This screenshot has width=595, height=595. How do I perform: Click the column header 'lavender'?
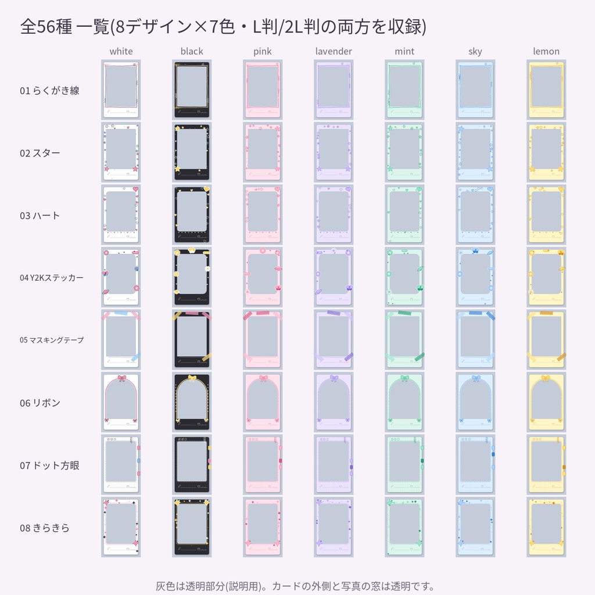(x=334, y=51)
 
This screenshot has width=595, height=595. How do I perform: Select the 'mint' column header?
(x=404, y=51)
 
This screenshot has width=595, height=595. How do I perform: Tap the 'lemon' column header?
(x=546, y=51)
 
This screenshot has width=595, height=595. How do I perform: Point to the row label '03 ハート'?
(x=40, y=216)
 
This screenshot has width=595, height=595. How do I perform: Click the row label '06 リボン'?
(x=40, y=403)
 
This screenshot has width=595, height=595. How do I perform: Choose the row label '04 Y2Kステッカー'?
(x=52, y=278)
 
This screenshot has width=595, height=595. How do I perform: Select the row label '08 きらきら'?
(x=45, y=528)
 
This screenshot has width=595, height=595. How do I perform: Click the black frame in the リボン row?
(x=192, y=402)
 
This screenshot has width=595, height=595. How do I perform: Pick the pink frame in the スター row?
(x=263, y=152)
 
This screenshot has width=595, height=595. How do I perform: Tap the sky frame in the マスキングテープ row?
(x=475, y=339)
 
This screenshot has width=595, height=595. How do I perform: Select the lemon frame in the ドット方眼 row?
(x=546, y=464)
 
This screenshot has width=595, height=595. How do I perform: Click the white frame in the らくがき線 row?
(x=121, y=89)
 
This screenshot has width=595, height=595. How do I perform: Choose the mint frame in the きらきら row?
(x=404, y=527)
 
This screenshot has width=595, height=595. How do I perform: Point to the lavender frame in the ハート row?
(x=334, y=214)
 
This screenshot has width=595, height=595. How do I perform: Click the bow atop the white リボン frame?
(x=121, y=378)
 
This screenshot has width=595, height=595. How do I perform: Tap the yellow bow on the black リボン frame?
(x=192, y=378)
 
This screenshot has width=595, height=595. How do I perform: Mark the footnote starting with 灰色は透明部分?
(x=295, y=586)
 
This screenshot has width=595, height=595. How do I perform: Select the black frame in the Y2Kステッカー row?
(x=192, y=277)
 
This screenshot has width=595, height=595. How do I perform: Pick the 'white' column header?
(x=121, y=51)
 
